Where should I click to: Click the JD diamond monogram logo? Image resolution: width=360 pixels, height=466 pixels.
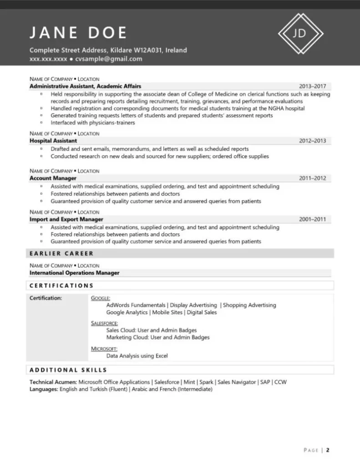(300, 33)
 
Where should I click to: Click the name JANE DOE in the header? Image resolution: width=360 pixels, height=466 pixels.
(78, 33)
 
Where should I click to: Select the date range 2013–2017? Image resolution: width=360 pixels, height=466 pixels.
(312, 86)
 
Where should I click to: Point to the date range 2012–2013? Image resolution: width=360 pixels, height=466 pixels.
(312, 141)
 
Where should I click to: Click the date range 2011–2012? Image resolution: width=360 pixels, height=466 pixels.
(312, 178)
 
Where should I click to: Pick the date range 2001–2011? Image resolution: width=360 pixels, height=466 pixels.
(312, 219)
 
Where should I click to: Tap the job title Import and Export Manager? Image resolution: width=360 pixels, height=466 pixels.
(66, 219)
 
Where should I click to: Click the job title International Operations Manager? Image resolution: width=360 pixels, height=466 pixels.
(75, 273)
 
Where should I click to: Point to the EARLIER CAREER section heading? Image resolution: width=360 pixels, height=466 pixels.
(61, 253)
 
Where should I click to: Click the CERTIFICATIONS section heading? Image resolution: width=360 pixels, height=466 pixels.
(61, 286)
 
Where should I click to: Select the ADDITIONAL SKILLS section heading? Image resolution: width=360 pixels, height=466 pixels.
(68, 370)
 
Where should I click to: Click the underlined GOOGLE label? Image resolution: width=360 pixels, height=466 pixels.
(101, 299)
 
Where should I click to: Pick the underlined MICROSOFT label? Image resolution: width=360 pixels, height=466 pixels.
(104, 349)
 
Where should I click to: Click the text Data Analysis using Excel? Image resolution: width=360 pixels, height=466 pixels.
(137, 356)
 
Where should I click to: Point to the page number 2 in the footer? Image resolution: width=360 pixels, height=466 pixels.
(327, 451)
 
